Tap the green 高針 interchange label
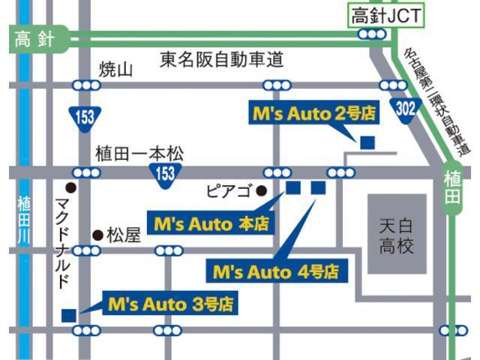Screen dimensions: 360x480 (34, 40)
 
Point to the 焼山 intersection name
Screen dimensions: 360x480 (115, 70)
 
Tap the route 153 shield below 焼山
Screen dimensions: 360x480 (84, 116)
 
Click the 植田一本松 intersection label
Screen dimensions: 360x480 (139, 154)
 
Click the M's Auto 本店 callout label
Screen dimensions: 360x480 (211, 223)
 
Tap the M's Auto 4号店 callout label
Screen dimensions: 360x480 (276, 271)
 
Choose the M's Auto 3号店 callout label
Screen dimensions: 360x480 (169, 305)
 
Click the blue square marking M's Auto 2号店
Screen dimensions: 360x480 (367, 142)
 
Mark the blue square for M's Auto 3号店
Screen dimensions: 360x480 (68, 315)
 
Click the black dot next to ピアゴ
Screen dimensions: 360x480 (262, 191)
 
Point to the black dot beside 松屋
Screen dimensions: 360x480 (97, 235)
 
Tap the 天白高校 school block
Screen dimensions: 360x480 (396, 235)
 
